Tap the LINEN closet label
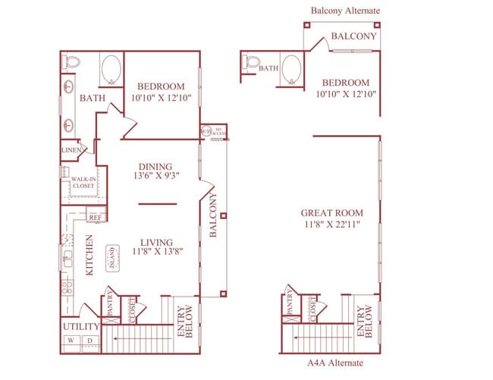tap(71, 152)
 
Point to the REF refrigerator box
tap(96, 217)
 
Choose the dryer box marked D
tap(90, 341)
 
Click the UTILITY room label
tap(80, 327)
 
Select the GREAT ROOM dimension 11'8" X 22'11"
tap(331, 225)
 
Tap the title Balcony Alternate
tap(345, 11)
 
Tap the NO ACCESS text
tap(219, 132)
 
